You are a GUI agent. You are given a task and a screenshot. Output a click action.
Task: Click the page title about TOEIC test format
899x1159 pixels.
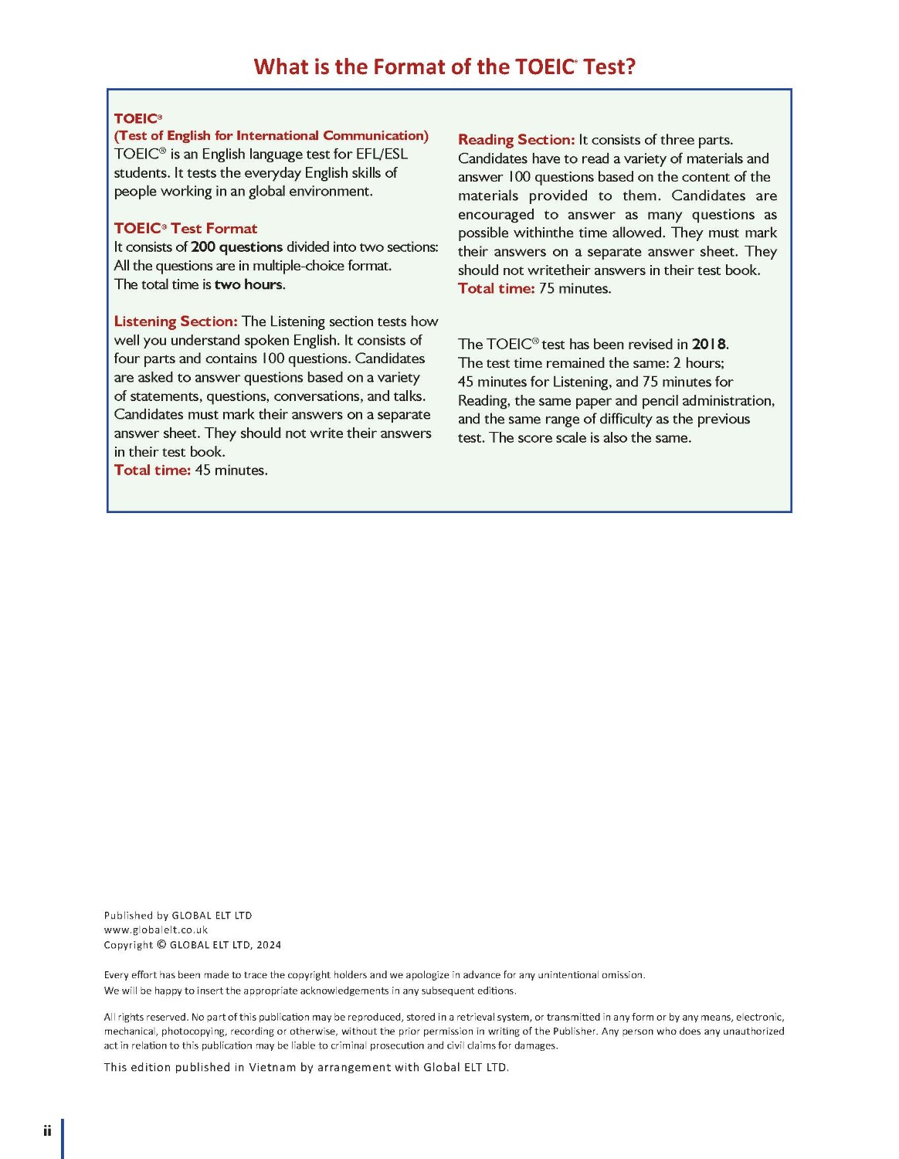pyautogui.click(x=444, y=67)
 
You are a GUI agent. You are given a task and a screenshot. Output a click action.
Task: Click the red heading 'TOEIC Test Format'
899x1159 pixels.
pyautogui.click(x=185, y=229)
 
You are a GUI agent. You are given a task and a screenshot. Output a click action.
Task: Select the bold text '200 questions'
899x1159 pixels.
pyautogui.click(x=236, y=247)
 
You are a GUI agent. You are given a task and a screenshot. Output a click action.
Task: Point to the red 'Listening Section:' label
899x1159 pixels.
pyautogui.click(x=175, y=321)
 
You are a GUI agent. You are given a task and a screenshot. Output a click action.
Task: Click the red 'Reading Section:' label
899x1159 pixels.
pyautogui.click(x=516, y=140)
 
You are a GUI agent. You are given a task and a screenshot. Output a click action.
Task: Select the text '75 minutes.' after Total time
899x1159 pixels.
pyautogui.click(x=575, y=289)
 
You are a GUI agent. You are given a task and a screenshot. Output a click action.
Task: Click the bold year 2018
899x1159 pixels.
pyautogui.click(x=709, y=345)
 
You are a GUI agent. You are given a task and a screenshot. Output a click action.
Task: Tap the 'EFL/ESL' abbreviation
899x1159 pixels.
pyautogui.click(x=382, y=155)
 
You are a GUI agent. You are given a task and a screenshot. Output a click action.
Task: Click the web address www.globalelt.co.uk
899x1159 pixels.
pyautogui.click(x=156, y=930)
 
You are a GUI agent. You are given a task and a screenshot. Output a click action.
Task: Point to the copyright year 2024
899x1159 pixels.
pyautogui.click(x=269, y=945)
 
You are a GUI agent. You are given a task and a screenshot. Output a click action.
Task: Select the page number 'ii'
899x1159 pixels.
pyautogui.click(x=47, y=1131)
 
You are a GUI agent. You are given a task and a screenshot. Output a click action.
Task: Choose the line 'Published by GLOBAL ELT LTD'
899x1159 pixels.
pyautogui.click(x=178, y=916)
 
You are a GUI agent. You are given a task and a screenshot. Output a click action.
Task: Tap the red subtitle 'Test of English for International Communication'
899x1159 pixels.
pyautogui.click(x=271, y=136)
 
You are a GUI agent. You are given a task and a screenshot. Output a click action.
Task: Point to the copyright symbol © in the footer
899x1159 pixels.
pyautogui.click(x=161, y=945)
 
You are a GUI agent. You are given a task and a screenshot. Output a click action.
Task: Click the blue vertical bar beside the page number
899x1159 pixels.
pyautogui.click(x=63, y=1138)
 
